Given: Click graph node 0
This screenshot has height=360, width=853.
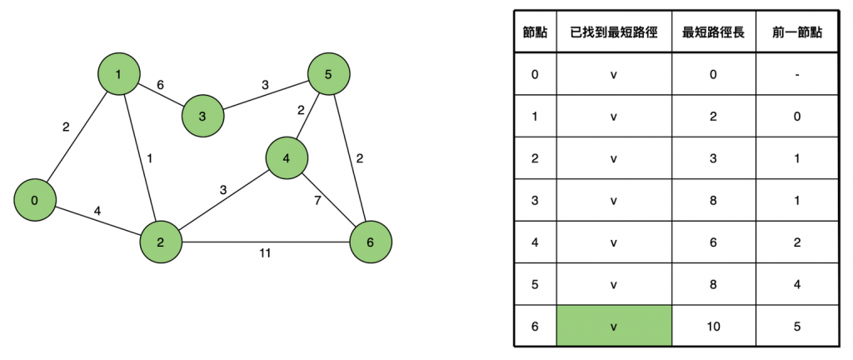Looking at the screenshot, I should pyautogui.click(x=35, y=201).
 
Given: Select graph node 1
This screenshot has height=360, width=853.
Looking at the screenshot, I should pyautogui.click(x=119, y=76).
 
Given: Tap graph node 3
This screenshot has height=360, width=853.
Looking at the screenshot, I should pyautogui.click(x=203, y=115).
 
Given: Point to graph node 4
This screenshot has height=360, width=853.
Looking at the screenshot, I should pyautogui.click(x=287, y=157).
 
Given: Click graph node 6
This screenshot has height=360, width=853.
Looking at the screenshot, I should pyautogui.click(x=370, y=242).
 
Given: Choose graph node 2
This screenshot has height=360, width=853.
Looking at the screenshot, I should pyautogui.click(x=161, y=242).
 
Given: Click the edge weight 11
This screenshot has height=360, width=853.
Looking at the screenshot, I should pyautogui.click(x=265, y=252).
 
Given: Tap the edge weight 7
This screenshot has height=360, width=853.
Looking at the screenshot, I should pyautogui.click(x=317, y=201).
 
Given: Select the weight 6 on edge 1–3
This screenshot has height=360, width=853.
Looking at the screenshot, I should pyautogui.click(x=160, y=85).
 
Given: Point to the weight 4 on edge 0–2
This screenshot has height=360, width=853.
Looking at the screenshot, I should pyautogui.click(x=97, y=212).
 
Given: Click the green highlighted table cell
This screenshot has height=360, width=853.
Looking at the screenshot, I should pyautogui.click(x=614, y=326).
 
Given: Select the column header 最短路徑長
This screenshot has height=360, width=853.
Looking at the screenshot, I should pyautogui.click(x=714, y=32).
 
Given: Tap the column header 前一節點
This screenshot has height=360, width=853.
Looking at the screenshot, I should pyautogui.click(x=797, y=32).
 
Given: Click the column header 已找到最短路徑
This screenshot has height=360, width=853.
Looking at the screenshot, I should pyautogui.click(x=614, y=32).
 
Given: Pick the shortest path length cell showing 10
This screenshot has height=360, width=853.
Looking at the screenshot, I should pyautogui.click(x=714, y=326).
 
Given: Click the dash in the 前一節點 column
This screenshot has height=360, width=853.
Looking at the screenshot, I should pyautogui.click(x=797, y=74).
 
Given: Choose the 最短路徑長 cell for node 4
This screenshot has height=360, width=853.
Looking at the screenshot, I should pyautogui.click(x=714, y=242).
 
